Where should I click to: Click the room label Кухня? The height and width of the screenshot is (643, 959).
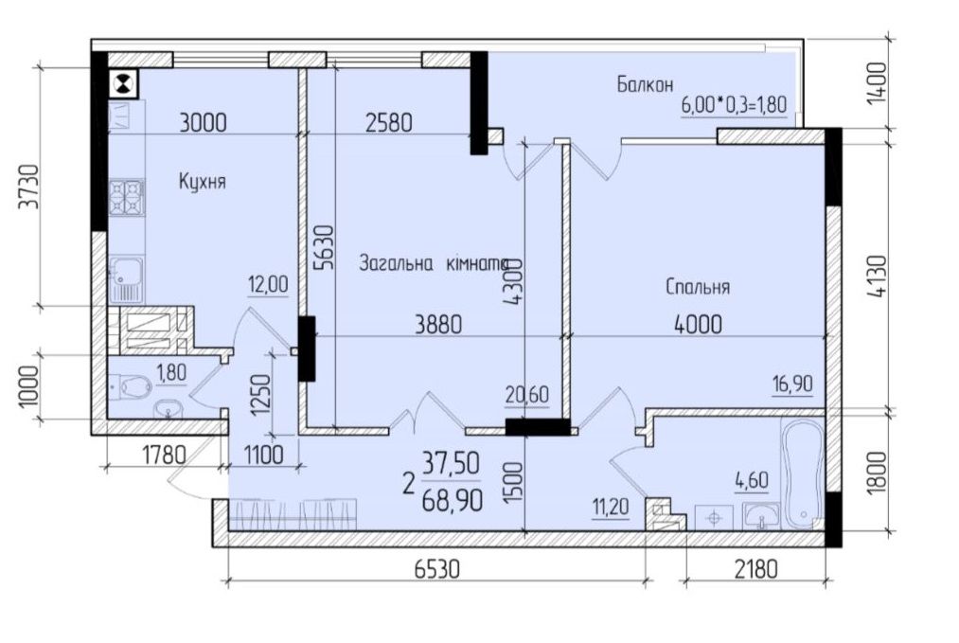coord(202,182)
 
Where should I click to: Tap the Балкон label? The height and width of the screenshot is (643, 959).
coord(645,83)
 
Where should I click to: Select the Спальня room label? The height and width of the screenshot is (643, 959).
coord(698,286)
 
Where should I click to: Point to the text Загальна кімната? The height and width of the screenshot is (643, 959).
coord(435,264)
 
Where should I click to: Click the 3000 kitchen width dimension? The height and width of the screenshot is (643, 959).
coord(203,121)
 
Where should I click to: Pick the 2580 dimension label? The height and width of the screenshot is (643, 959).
coord(390,121)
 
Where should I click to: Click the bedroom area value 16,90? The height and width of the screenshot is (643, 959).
coord(792,384)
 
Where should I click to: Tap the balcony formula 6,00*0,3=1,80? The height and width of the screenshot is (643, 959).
coord(734,104)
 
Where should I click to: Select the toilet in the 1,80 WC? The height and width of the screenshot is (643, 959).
coord(130,386)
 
